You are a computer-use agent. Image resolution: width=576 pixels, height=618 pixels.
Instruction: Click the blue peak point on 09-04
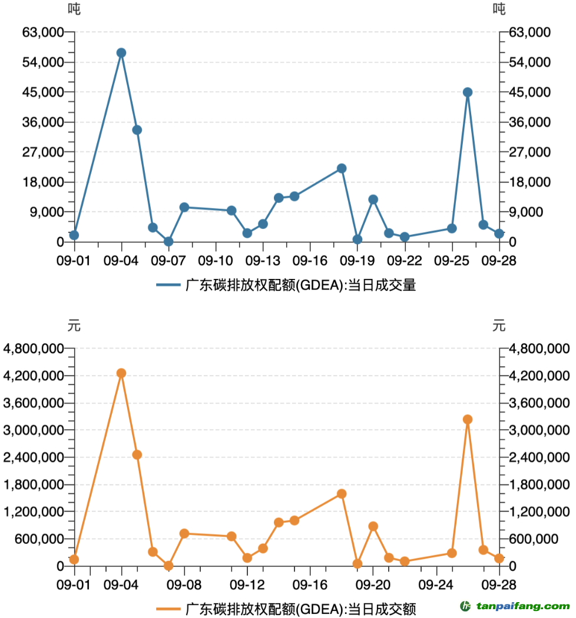tap(121, 53)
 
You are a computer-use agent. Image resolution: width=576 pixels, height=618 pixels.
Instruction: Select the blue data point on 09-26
tap(468, 92)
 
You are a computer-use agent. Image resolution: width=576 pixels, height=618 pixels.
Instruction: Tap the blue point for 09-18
tap(342, 168)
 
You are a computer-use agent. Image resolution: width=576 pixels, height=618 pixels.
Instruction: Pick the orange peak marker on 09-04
tap(121, 373)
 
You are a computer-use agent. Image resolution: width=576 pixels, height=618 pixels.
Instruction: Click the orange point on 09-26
tap(468, 420)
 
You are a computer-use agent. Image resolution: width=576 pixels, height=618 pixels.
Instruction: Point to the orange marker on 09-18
tap(342, 494)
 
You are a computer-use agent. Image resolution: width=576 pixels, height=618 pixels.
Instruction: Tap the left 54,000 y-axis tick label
tap(44, 62)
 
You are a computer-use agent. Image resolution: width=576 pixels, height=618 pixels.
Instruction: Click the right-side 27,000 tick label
tap(531, 152)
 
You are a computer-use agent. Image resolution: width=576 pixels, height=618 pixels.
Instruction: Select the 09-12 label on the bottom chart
tap(247, 585)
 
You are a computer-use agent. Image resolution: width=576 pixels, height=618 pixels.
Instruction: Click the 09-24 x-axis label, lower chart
tap(436, 585)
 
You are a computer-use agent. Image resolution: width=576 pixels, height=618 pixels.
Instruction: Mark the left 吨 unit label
tap(74, 9)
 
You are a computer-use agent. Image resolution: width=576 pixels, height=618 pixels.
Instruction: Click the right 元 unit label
tap(499, 325)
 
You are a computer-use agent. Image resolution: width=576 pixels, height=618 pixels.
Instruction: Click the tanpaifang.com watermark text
tap(519, 606)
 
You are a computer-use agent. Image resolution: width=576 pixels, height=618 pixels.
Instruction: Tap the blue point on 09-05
tap(137, 130)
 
